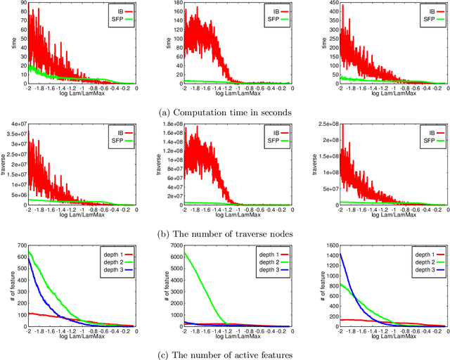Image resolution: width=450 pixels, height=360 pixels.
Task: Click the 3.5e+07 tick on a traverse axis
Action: coord(15,134)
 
